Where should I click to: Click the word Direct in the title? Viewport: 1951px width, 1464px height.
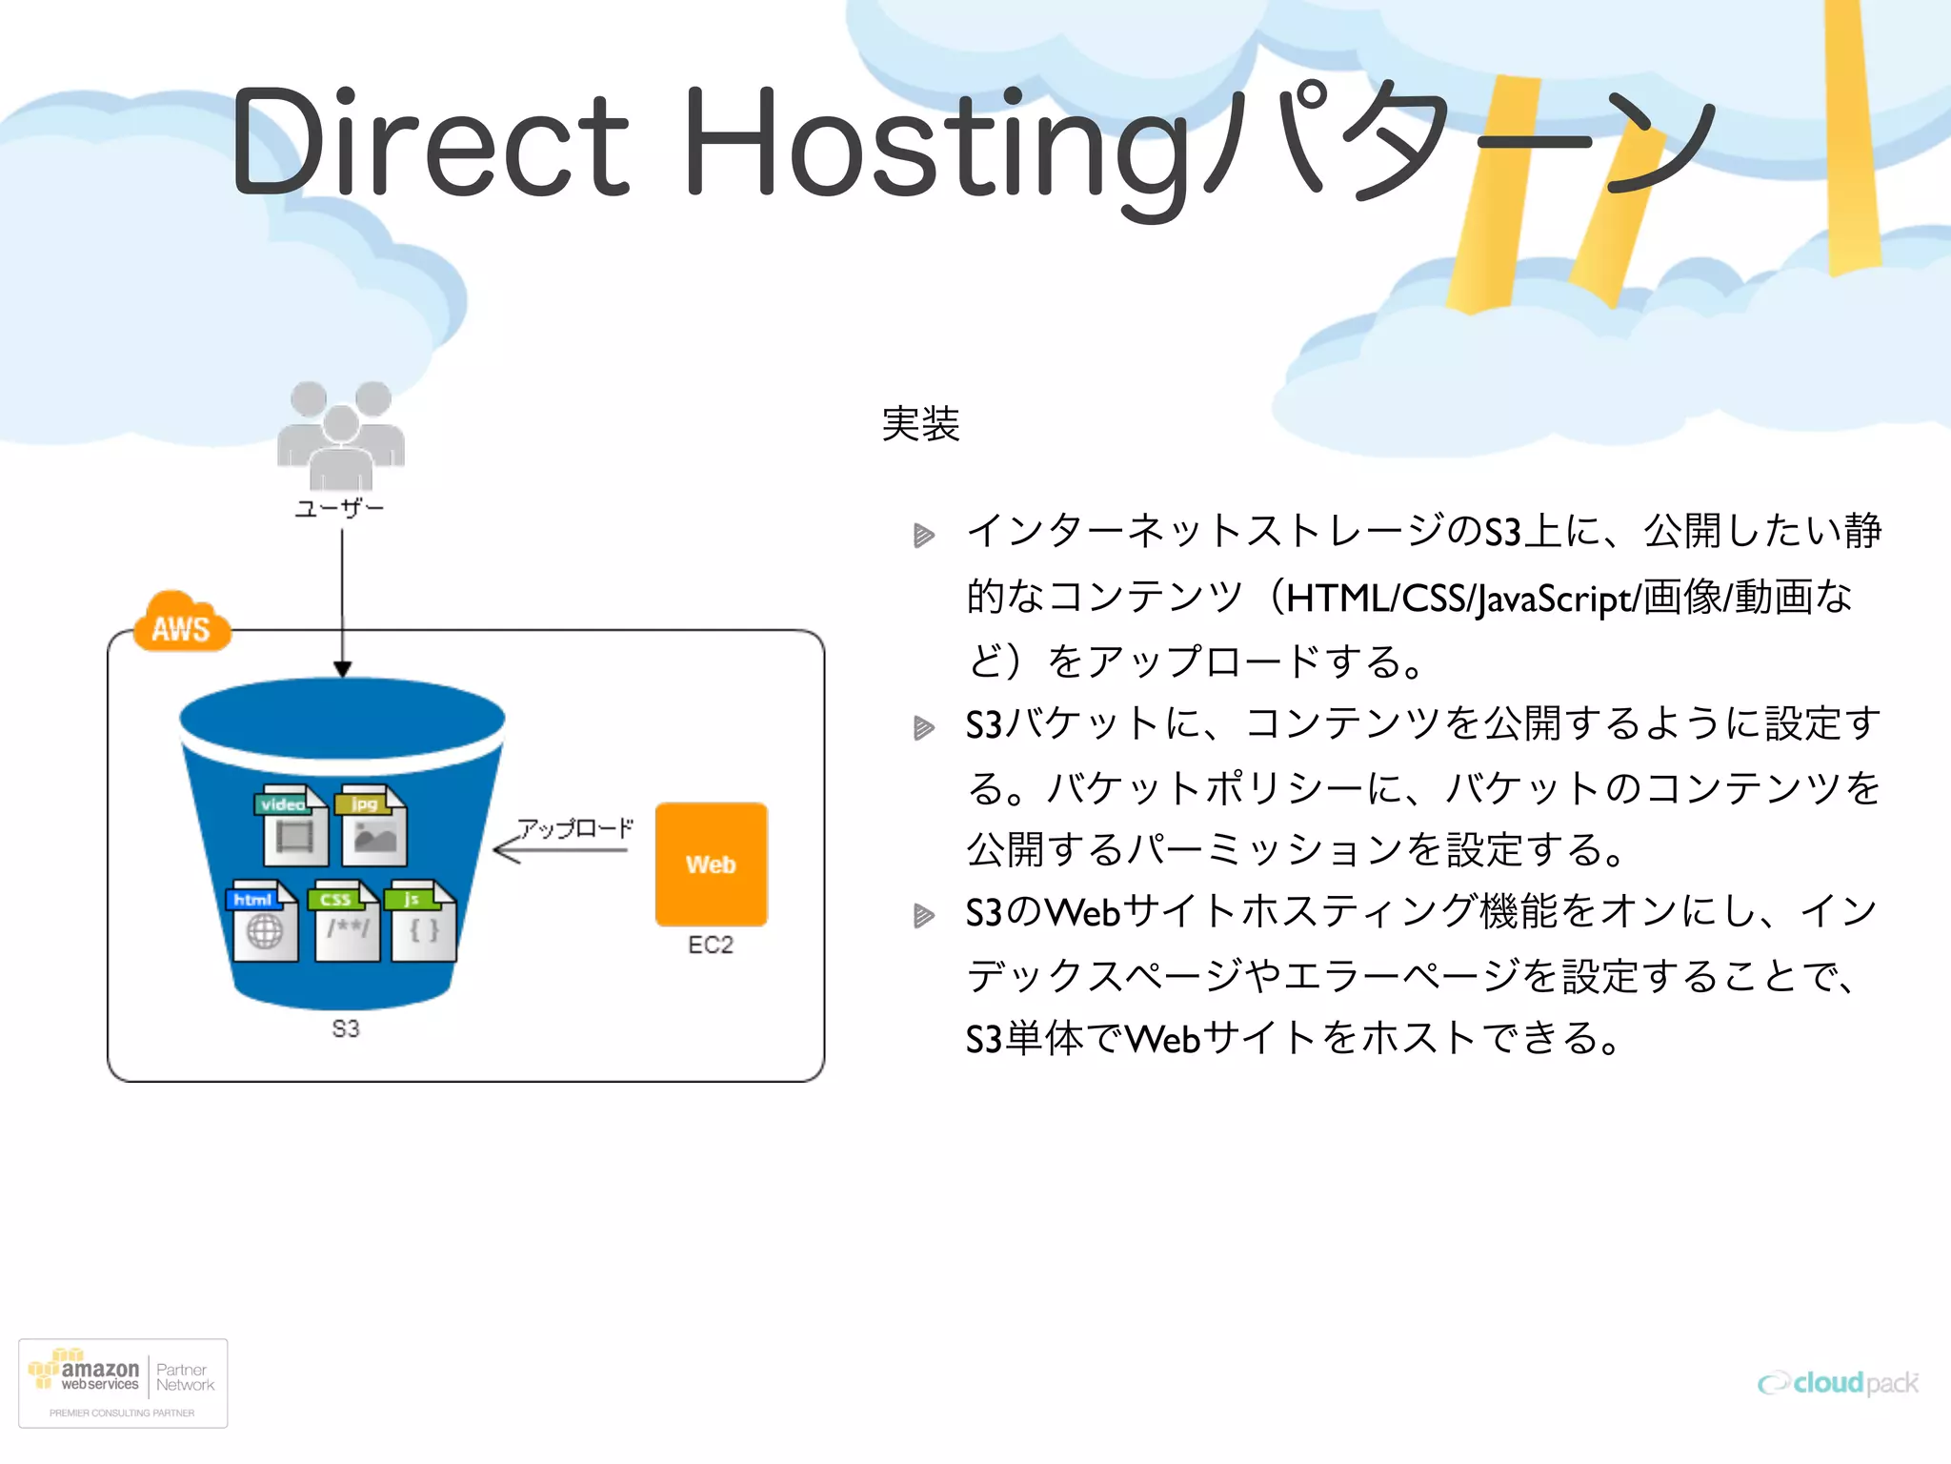429,143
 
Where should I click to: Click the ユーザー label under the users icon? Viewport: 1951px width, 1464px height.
339,508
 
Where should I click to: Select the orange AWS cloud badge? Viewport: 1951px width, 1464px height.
181,624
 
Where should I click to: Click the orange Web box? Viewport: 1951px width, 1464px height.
711,864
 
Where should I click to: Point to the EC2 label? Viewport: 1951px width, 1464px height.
711,945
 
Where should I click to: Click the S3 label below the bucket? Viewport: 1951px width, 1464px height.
346,1028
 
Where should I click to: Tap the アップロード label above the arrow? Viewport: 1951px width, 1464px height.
574,827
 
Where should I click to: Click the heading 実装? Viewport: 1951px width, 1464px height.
920,423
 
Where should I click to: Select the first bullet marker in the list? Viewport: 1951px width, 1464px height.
923,535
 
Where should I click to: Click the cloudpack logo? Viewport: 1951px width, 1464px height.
1838,1382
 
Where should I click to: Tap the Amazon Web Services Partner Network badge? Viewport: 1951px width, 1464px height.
123,1383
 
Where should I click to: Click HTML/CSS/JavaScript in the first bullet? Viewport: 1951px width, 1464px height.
1458,599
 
